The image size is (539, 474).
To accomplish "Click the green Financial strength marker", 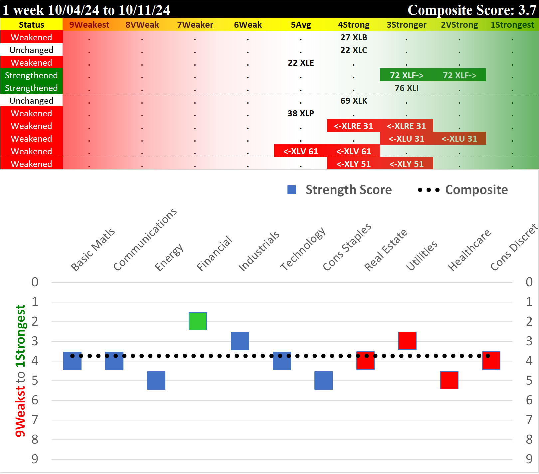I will pos(198,321).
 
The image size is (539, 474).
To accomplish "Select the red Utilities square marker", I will pos(407,341).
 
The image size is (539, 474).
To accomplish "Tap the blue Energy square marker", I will pos(156,380).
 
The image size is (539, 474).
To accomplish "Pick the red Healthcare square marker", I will pos(449,380).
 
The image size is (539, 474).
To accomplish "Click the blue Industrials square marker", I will pos(240,341).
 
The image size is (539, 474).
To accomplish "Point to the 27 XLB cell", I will pos(353,37).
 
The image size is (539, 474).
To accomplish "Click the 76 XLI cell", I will pos(406,88).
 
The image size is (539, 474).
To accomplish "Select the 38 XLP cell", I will pos(300,113).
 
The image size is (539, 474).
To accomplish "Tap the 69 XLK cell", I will pos(353,101).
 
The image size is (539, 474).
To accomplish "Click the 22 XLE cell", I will pos(300,63).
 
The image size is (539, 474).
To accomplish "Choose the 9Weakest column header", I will pos(89,25).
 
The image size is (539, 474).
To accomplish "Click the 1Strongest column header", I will pos(512,25).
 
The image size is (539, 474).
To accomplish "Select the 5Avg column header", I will pos(300,25).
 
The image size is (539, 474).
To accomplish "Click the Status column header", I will pos(31,25).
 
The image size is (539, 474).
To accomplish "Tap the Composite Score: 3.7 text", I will pos(471,10).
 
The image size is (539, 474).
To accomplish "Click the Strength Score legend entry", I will pos(340,190).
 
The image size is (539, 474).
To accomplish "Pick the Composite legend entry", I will pos(463,190).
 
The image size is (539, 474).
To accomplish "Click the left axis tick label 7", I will pos(35,420).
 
